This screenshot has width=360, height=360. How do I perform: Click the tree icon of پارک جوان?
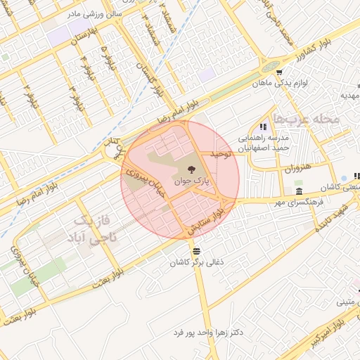pyautogui.click(x=192, y=168)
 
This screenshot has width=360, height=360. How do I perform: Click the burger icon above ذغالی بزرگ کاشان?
pyautogui.click(x=195, y=250)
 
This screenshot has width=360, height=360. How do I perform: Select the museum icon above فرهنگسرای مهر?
pyautogui.click(x=300, y=192)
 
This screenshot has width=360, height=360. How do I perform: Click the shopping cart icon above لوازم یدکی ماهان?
pyautogui.click(x=279, y=72)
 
